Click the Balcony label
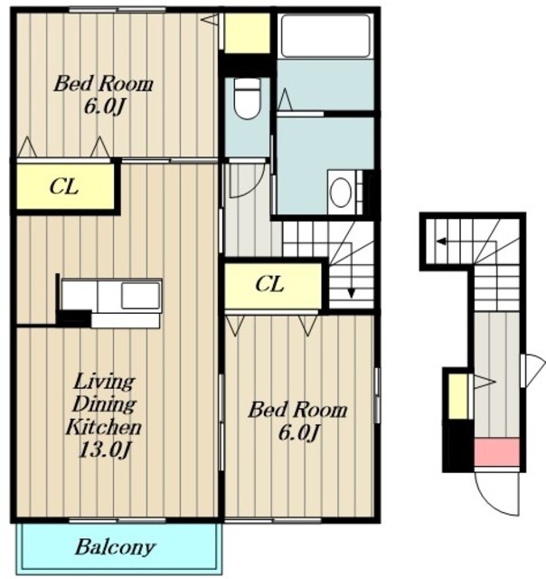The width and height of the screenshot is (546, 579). tap(115, 547)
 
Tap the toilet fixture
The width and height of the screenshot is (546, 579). tap(247, 99)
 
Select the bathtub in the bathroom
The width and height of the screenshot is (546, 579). tap(325, 35)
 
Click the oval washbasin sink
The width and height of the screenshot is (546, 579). tap(340, 192)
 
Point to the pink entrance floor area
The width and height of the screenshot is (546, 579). tap(496, 452)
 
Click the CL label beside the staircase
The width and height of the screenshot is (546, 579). tap(269, 284)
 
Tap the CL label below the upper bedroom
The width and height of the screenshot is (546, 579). tap(64, 186)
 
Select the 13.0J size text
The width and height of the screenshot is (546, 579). tap(105, 450)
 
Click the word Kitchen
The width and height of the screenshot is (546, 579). tap(104, 428)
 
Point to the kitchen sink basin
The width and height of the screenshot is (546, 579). tap(140, 296)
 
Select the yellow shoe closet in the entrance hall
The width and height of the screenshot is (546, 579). tap(458, 396)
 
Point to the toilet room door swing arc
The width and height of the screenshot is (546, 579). tap(255, 187)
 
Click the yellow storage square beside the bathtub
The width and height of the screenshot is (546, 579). tap(247, 33)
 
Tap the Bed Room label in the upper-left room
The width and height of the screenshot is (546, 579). tap(103, 84)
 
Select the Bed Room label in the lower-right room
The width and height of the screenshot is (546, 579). tap(297, 410)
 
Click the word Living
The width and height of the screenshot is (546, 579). tap(104, 382)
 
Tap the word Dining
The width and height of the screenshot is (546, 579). tap(104, 404)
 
